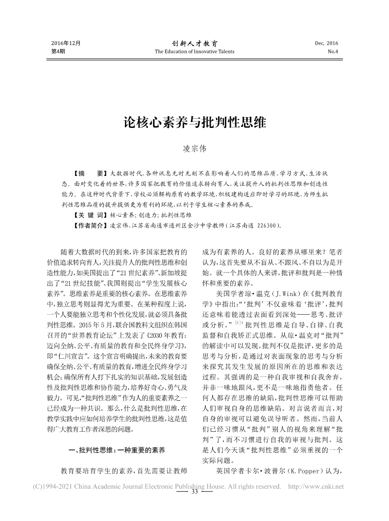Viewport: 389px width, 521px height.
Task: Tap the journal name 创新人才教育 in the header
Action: tap(194, 43)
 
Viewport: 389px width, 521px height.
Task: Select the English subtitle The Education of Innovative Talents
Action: tap(194, 51)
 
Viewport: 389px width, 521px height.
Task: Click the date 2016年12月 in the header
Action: tap(66, 43)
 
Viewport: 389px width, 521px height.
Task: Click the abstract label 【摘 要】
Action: tap(88, 174)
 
